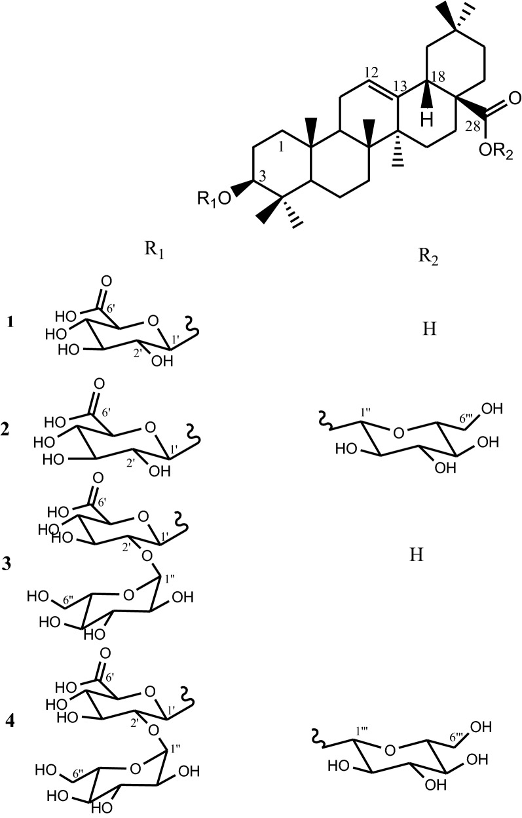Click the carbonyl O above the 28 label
pyautogui.click(x=514, y=100)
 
